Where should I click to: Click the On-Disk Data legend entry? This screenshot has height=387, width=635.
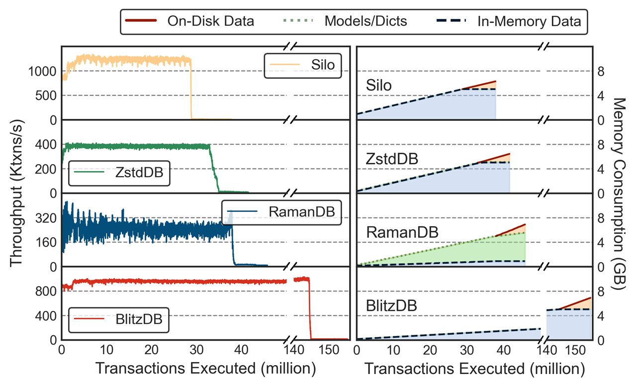pos(189,21)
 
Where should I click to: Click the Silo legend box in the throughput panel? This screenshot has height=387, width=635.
pos(302,65)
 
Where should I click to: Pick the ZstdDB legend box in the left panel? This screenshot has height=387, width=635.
pos(119,172)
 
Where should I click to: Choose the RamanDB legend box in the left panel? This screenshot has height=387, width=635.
pos(281,211)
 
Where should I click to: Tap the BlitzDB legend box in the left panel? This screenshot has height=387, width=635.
pos(119,319)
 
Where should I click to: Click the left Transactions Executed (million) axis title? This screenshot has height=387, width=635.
pos(205,369)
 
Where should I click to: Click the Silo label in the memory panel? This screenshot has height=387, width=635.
pos(378,86)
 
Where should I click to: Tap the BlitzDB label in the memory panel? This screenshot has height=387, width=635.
pos(391,305)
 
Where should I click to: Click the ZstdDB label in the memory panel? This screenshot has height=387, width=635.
pos(392,159)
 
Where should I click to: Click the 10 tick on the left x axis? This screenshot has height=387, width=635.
pos(106,350)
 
